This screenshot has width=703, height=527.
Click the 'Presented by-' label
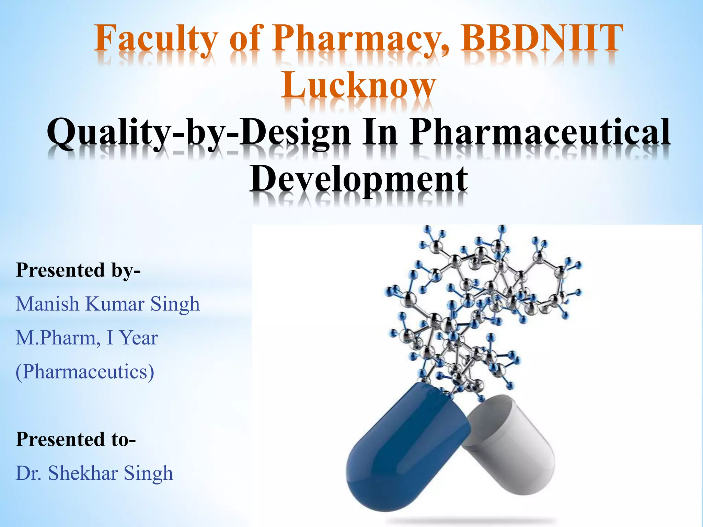pyautogui.click(x=78, y=270)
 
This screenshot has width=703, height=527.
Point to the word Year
pyautogui.click(x=139, y=338)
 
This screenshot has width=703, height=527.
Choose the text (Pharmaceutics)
pyautogui.click(x=85, y=372)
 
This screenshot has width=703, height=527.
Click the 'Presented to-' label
pyautogui.click(x=76, y=440)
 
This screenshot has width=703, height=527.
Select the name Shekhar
pyautogui.click(x=83, y=473)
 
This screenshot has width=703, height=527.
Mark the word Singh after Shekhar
pyautogui.click(x=148, y=474)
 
